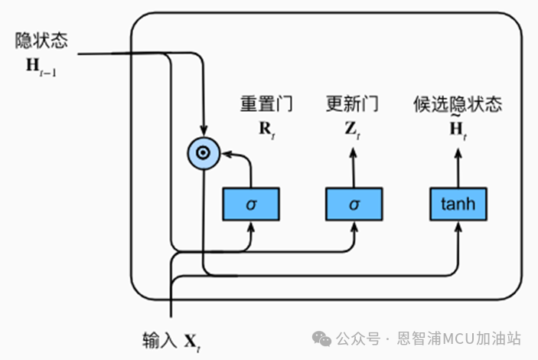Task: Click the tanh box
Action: pos(458,205)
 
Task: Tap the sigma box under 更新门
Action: pos(353,205)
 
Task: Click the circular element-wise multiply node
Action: pos(203,154)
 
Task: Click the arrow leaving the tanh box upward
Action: pos(458,165)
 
